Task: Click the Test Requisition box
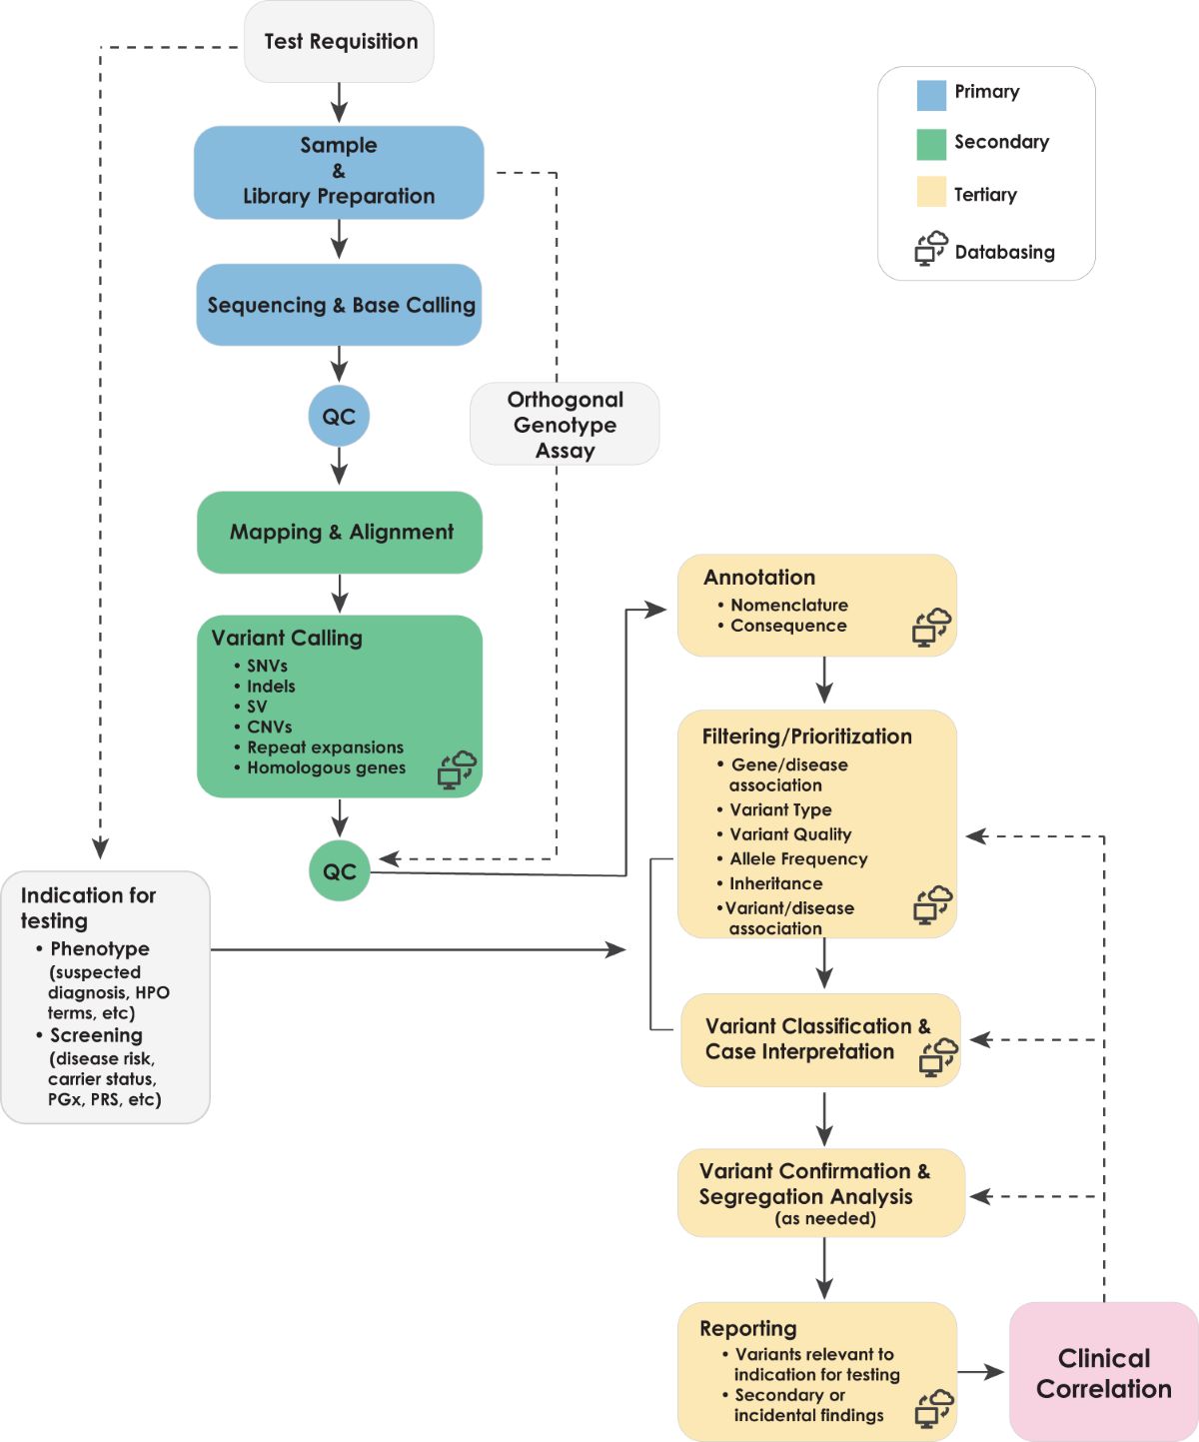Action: (x=339, y=42)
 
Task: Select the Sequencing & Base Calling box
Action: (x=339, y=305)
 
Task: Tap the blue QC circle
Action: (x=339, y=416)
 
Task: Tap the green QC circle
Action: (x=340, y=870)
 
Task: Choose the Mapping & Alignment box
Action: (x=340, y=532)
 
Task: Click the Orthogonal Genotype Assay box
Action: (x=565, y=424)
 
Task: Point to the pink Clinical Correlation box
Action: (x=1103, y=1372)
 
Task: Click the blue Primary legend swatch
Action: (x=931, y=95)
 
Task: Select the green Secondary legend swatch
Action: (x=931, y=144)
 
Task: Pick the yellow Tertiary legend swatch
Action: (x=931, y=192)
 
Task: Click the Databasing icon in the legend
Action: (x=931, y=248)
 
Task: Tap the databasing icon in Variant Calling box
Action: (x=457, y=770)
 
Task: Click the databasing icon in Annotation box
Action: (x=931, y=628)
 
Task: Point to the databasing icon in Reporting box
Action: (x=934, y=1408)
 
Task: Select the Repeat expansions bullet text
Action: (x=325, y=747)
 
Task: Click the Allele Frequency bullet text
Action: (x=798, y=858)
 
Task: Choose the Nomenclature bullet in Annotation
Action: (x=788, y=605)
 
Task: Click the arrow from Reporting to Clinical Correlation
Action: (x=981, y=1372)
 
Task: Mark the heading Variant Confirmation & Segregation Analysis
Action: (x=813, y=1183)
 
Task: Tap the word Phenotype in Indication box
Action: (x=100, y=948)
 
